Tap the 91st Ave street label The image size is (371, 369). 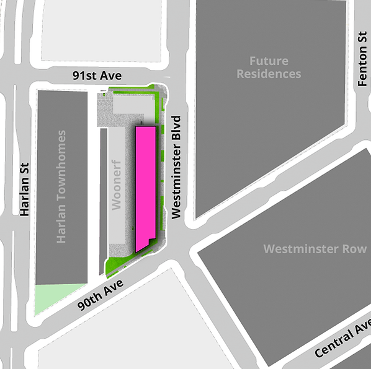pyautogui.click(x=96, y=75)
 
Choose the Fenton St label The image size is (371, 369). pyautogui.click(x=362, y=59)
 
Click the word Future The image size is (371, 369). pyautogui.click(x=269, y=61)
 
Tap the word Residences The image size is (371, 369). pyautogui.click(x=269, y=74)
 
